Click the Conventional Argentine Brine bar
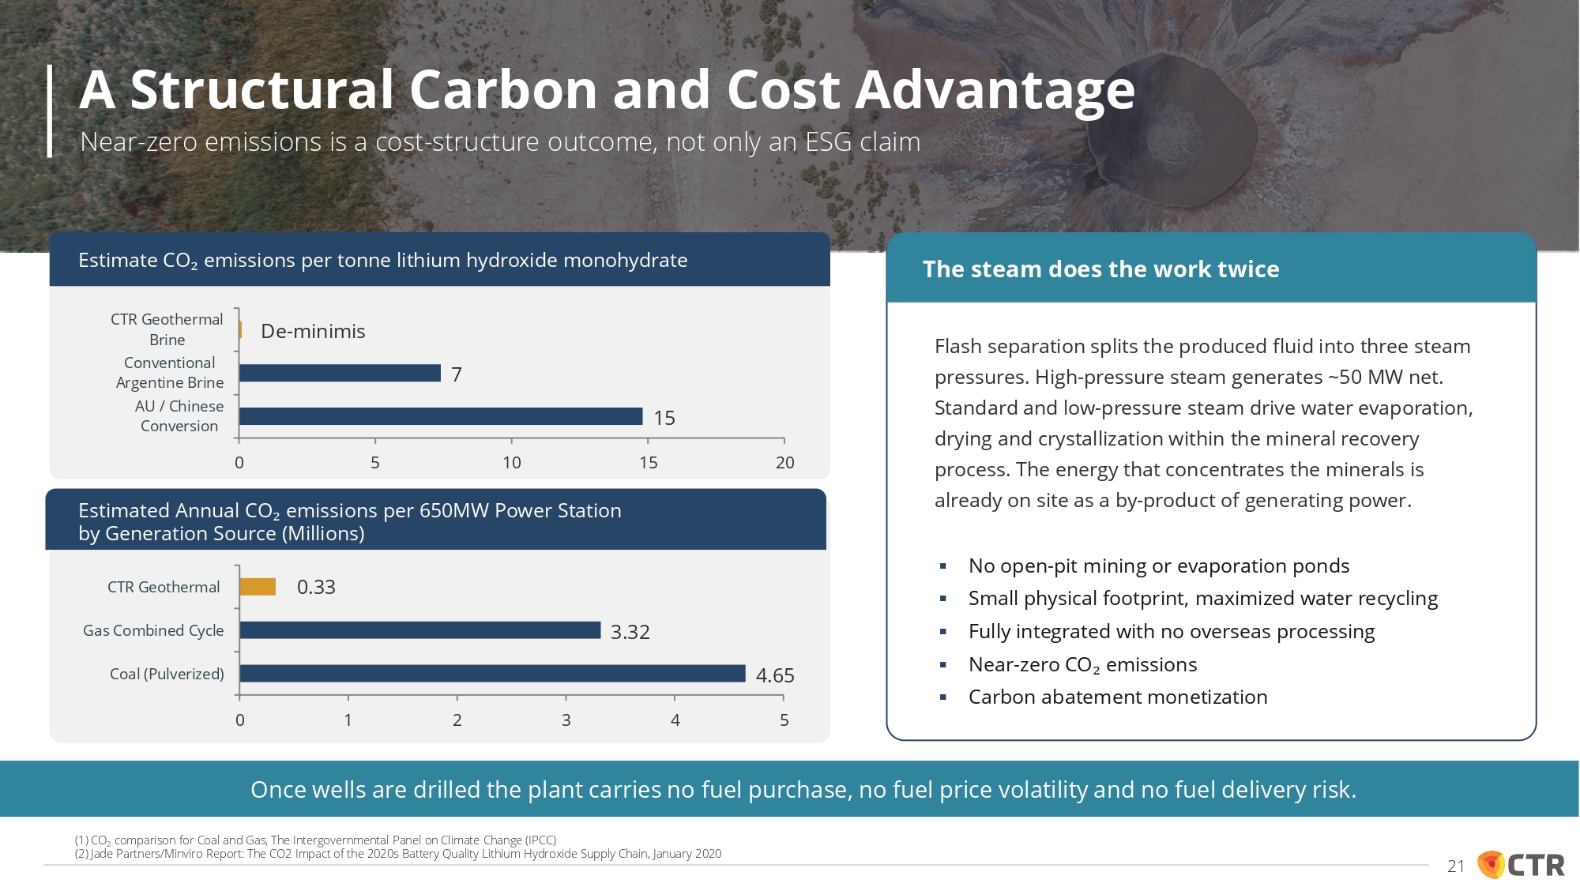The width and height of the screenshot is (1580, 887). (340, 373)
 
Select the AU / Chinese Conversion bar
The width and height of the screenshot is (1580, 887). (441, 416)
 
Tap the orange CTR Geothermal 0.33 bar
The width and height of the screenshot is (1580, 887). (258, 587)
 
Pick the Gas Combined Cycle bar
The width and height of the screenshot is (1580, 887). (420, 630)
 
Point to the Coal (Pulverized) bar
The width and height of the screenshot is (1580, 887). (492, 674)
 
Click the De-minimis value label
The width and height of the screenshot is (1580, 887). (313, 331)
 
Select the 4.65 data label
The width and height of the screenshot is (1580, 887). (775, 675)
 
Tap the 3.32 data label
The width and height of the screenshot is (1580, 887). (630, 632)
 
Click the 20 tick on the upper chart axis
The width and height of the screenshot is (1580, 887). (784, 463)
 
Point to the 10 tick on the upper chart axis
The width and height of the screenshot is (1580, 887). (512, 463)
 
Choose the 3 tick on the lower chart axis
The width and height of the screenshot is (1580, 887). (566, 720)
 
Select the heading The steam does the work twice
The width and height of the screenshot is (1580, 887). (1101, 269)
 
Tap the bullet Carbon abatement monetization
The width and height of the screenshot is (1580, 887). (1118, 697)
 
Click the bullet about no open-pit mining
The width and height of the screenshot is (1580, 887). (1159, 566)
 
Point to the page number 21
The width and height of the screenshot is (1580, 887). (1456, 866)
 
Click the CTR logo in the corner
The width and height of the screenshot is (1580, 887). (1522, 865)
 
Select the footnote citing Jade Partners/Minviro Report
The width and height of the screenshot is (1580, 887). (398, 854)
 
